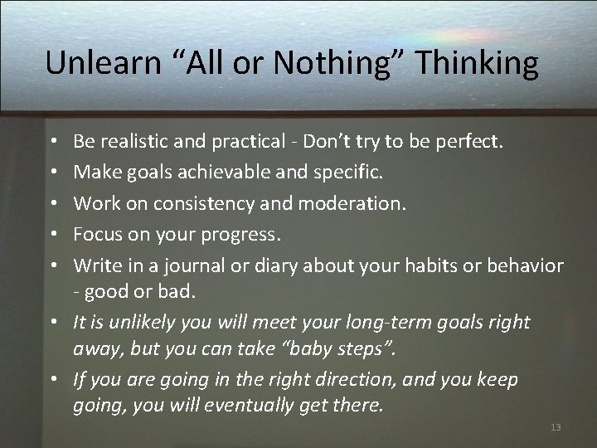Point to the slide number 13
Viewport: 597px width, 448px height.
[556, 427]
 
